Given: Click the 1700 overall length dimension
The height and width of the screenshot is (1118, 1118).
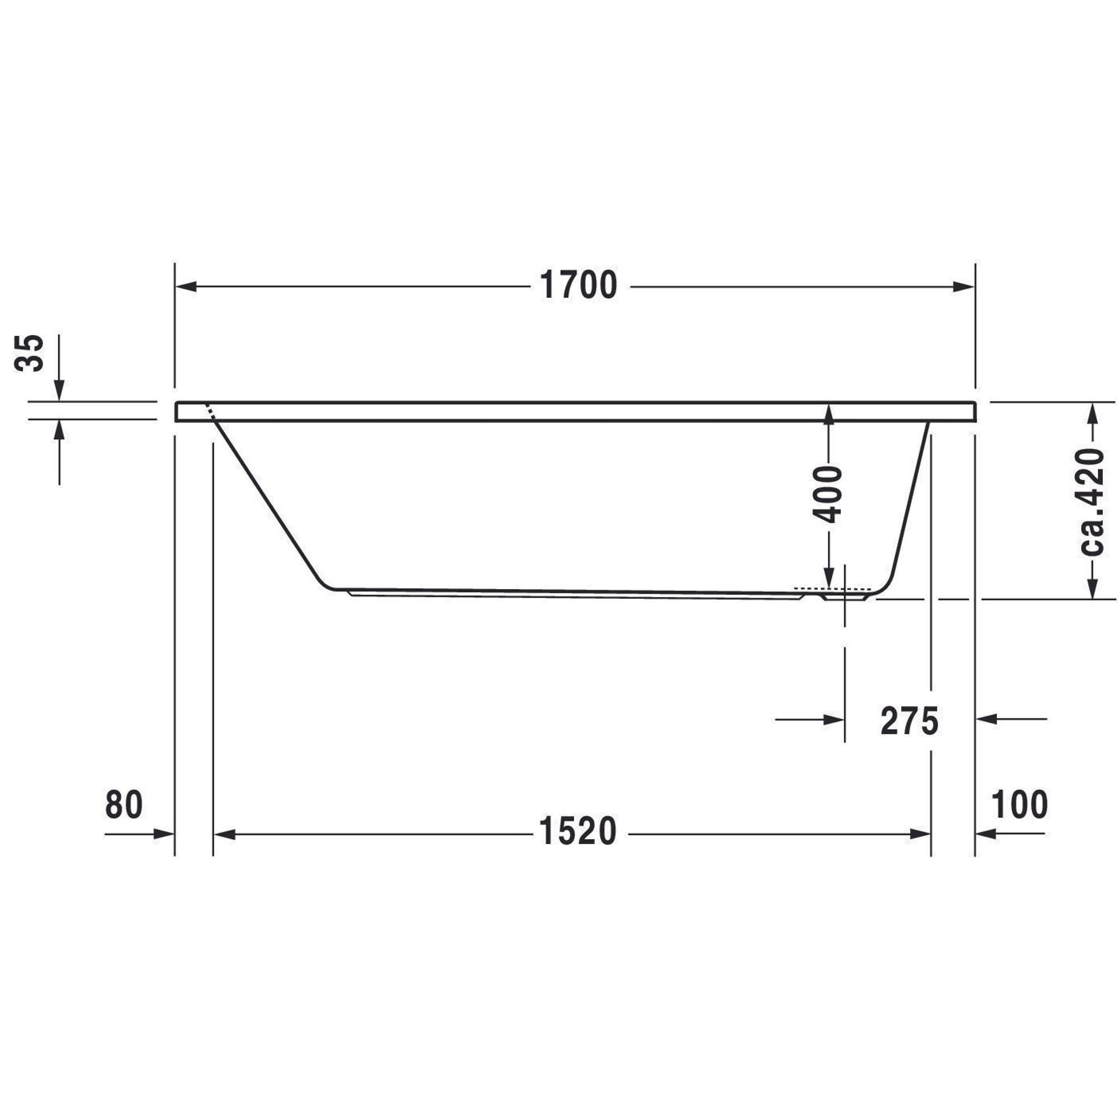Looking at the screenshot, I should click(x=578, y=286).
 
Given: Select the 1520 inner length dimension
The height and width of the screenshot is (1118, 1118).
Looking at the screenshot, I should click(x=578, y=832).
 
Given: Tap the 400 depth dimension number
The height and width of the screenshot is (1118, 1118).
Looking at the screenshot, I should click(x=826, y=495).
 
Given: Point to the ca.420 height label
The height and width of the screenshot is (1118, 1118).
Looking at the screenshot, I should click(x=1092, y=502).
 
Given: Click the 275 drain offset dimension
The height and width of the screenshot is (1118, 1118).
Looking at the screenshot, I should click(x=909, y=721).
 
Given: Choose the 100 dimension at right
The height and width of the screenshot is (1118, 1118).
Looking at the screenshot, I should click(x=1020, y=804).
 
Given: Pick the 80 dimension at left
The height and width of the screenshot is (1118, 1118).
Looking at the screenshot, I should click(x=124, y=804).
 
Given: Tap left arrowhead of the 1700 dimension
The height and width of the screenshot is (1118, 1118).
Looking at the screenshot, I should click(x=186, y=286).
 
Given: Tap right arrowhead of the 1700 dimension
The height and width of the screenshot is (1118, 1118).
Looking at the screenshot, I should click(x=964, y=286).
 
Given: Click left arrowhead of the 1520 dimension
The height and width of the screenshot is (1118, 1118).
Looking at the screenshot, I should click(x=225, y=835).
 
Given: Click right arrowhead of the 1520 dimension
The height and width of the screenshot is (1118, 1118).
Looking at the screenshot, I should click(x=920, y=835).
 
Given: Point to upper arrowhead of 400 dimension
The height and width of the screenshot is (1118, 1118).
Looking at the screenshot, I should click(x=828, y=414).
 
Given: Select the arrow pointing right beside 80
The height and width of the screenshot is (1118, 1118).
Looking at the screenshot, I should click(x=164, y=835).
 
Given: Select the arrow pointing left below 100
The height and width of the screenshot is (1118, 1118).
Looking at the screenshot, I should click(x=986, y=835).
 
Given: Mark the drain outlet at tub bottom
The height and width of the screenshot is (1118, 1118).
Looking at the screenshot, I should click(x=845, y=596).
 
